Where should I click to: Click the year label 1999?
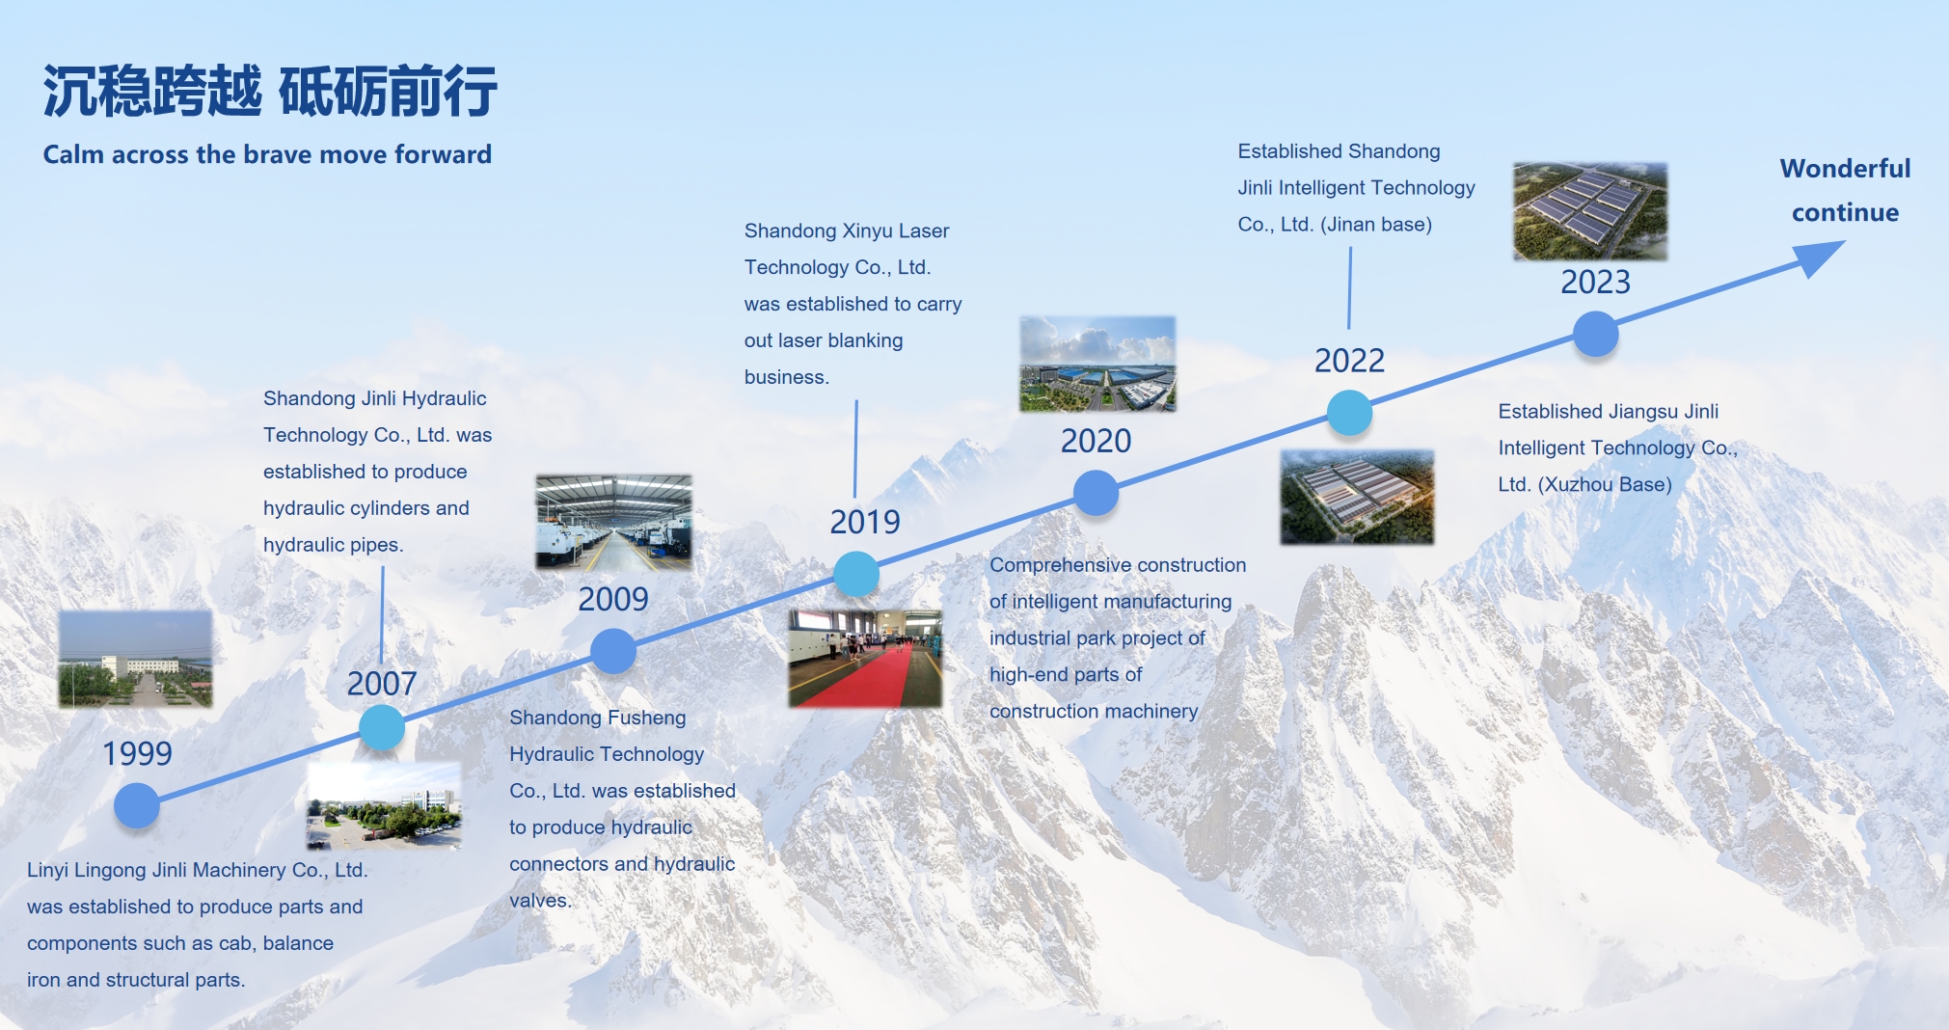click(x=137, y=753)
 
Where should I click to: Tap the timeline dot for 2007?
click(x=382, y=728)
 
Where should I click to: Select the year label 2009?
click(x=613, y=599)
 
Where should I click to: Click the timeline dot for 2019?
click(x=856, y=575)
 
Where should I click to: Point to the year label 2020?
click(x=1096, y=441)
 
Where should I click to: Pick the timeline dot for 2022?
click(x=1350, y=413)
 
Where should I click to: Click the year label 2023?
click(x=1596, y=282)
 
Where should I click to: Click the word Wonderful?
click(x=1845, y=169)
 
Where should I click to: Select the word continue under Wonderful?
click(x=1845, y=212)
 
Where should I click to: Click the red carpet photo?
click(x=865, y=658)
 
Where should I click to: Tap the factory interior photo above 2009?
click(x=614, y=522)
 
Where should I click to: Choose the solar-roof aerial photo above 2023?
click(x=1590, y=211)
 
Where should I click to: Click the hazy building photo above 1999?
click(x=135, y=659)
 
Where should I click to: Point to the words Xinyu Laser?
click(x=896, y=230)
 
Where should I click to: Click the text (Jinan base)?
click(x=1376, y=225)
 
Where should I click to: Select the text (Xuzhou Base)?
click(x=1605, y=484)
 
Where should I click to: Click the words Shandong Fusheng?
click(x=598, y=718)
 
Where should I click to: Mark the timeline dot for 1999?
click(x=137, y=805)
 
